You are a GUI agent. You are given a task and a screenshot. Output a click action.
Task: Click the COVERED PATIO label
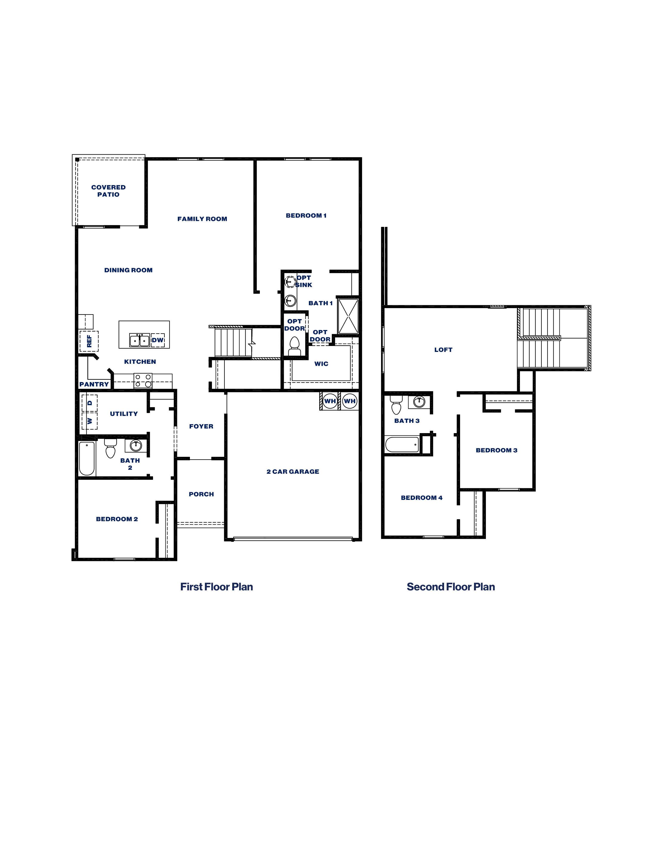[x=108, y=191]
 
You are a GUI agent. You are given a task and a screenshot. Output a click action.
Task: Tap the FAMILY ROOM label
[x=202, y=219]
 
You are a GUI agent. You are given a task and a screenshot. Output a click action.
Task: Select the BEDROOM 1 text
[x=306, y=216]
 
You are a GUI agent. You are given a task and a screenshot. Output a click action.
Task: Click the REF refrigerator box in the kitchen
[x=89, y=341]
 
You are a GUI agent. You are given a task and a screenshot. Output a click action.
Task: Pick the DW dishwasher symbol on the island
[x=158, y=340]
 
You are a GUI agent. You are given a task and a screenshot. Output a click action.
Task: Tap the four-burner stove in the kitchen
[x=143, y=381]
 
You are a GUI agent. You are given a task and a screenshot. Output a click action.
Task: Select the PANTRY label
[x=94, y=384]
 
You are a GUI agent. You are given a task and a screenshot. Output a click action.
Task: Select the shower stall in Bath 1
[x=348, y=316]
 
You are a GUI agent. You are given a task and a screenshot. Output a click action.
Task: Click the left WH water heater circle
[x=330, y=401]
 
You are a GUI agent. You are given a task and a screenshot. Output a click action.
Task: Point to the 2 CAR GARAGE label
[x=293, y=472]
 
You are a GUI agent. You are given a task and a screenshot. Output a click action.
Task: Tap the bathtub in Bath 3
[x=402, y=444]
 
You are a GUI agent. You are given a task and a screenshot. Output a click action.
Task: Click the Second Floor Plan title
[x=451, y=587]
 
